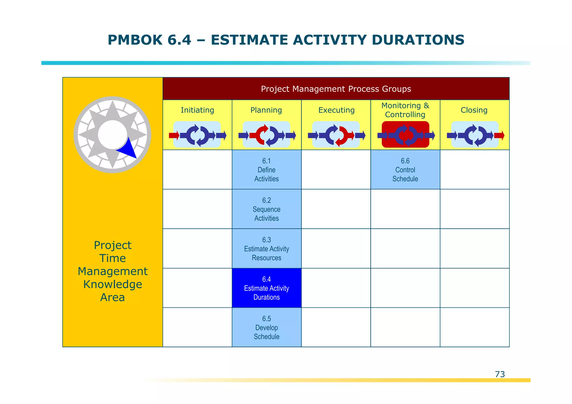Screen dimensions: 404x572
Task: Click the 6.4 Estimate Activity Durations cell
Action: (x=266, y=288)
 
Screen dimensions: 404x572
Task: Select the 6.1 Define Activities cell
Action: (x=266, y=170)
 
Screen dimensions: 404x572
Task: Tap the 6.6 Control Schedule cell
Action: (x=405, y=170)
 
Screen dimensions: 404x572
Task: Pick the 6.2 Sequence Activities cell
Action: (x=266, y=209)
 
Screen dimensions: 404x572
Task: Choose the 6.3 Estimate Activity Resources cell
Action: (x=266, y=249)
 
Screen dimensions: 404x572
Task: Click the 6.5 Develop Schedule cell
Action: (x=266, y=327)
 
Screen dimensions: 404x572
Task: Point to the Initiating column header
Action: (x=197, y=110)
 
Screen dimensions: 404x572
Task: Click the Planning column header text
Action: (x=266, y=110)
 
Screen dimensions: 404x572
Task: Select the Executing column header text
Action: (x=336, y=110)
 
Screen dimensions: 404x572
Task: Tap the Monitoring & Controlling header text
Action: (x=405, y=110)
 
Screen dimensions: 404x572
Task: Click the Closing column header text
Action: (x=474, y=110)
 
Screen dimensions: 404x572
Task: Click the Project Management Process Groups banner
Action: (x=336, y=89)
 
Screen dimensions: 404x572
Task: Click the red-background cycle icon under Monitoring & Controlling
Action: (x=405, y=135)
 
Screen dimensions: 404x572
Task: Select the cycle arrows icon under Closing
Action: (x=475, y=135)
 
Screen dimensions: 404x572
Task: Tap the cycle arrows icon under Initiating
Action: (x=197, y=135)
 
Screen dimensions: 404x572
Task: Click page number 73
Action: (x=500, y=374)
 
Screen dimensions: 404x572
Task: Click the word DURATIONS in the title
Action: (x=418, y=40)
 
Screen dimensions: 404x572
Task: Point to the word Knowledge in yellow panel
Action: (x=113, y=284)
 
